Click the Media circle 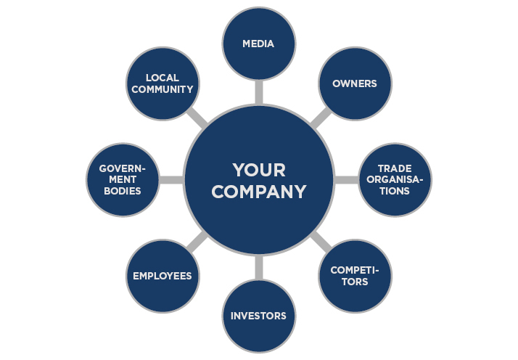258,44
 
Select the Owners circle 355,83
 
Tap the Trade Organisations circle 395,180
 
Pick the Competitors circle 355,276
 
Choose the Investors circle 258,316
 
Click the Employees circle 162,276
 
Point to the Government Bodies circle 122,180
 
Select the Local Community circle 162,83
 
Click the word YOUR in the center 258,170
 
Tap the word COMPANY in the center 258,192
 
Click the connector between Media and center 258,91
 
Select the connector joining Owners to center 321,118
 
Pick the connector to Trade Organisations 346,180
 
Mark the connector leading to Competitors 321,242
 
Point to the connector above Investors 258,268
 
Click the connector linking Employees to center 196,242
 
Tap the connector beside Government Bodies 170,180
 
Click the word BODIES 122,192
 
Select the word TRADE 395,168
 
